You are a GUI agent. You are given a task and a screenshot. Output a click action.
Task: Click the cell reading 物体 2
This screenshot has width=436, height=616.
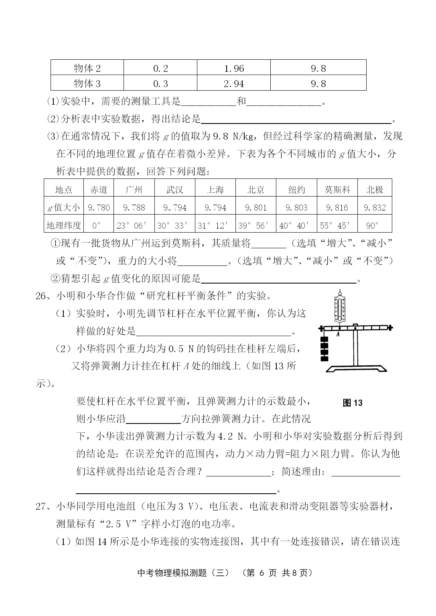click(x=87, y=68)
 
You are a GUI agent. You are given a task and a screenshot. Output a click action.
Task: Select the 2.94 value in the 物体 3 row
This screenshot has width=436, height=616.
click(x=234, y=83)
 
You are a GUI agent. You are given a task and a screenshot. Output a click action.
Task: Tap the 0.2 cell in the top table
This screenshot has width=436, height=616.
click(x=160, y=68)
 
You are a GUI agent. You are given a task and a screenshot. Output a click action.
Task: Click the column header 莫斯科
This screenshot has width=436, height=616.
click(x=337, y=190)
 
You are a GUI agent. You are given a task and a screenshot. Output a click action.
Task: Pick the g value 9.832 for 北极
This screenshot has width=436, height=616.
click(x=375, y=207)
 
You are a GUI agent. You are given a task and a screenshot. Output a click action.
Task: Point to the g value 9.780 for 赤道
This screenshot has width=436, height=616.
click(x=99, y=207)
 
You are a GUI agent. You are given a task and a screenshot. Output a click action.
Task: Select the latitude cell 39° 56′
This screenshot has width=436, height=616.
click(x=256, y=225)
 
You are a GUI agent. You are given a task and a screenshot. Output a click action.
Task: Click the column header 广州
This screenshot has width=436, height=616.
click(x=134, y=190)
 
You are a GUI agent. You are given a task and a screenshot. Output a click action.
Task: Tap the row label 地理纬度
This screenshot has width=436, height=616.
click(x=64, y=225)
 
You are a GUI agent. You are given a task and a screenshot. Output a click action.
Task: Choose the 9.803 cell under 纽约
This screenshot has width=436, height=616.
click(x=296, y=207)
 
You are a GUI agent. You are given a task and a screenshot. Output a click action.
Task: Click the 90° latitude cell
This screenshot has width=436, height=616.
click(x=373, y=225)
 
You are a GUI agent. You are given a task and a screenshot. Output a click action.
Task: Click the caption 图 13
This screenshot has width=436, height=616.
click(x=353, y=403)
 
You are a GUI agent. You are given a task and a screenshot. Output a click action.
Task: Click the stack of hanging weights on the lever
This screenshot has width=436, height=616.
click(x=324, y=349)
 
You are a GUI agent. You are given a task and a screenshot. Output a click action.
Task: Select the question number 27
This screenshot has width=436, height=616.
click(x=41, y=507)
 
